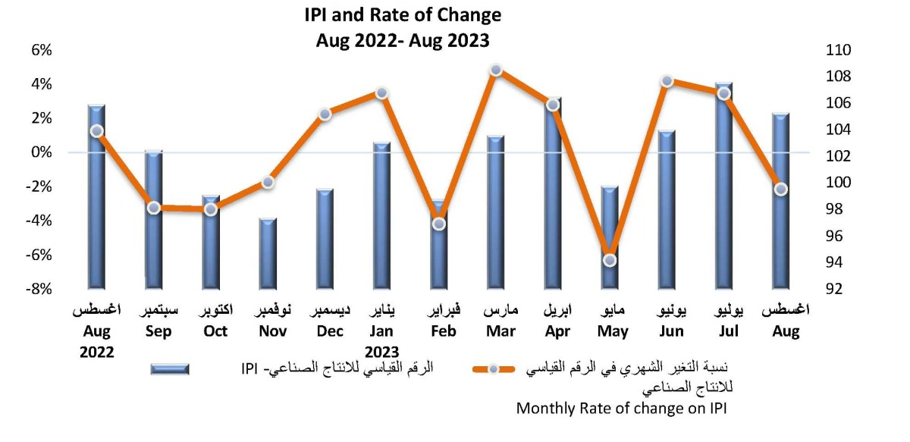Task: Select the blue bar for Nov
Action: coord(268,254)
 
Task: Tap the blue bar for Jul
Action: coord(724,186)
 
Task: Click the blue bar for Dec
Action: coord(325,239)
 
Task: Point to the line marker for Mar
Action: coord(496,71)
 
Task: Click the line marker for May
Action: coord(610,261)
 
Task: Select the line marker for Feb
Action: coord(439,224)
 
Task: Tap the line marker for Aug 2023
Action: coord(781,190)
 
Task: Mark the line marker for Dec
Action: coord(325,114)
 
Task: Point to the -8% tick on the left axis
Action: coord(39,289)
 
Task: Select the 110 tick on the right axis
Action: coord(839,50)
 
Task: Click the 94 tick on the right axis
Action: coord(836,262)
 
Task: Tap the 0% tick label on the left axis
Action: coord(41,152)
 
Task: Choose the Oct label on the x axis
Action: coord(215,331)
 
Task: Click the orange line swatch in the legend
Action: coord(494,369)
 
